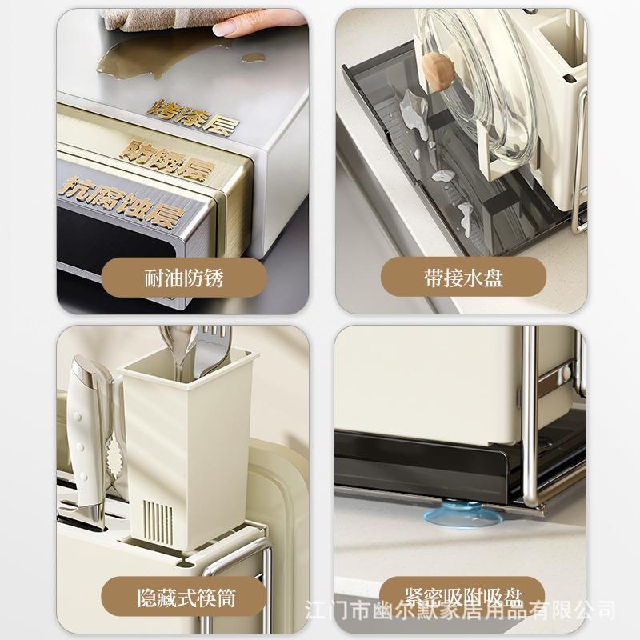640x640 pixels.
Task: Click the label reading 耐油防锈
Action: tap(183, 278)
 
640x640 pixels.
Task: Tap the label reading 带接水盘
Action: tap(463, 278)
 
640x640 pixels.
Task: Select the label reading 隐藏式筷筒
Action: tap(183, 596)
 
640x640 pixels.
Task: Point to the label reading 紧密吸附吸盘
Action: tap(463, 596)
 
